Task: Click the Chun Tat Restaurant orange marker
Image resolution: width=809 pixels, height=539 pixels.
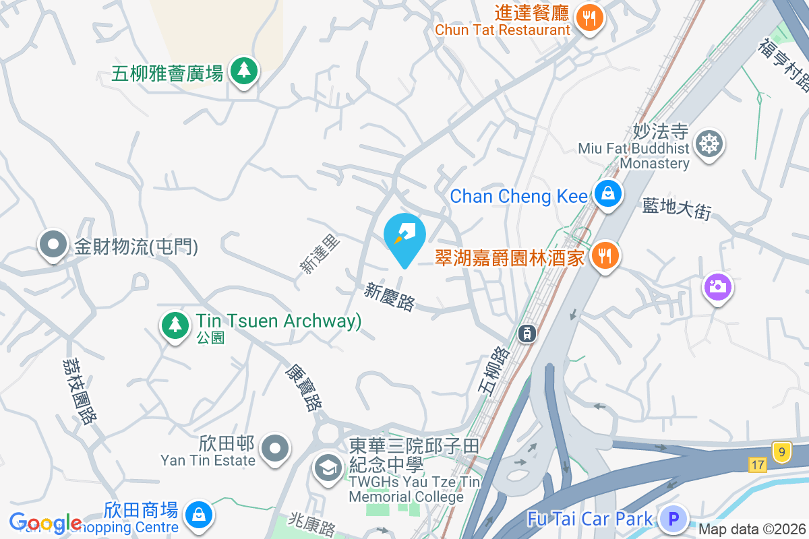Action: (x=591, y=18)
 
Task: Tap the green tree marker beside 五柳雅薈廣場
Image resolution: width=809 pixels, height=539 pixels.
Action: (x=243, y=71)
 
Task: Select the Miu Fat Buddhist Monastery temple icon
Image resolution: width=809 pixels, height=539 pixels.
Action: (x=709, y=144)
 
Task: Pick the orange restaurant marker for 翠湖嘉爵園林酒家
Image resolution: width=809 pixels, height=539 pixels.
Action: (x=605, y=256)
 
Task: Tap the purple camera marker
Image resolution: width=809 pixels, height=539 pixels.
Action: (x=717, y=288)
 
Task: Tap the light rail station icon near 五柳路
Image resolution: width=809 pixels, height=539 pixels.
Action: (x=527, y=332)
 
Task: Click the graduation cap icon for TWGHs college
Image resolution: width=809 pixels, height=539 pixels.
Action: (x=329, y=468)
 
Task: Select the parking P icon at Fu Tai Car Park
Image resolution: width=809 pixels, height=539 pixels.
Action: (x=672, y=519)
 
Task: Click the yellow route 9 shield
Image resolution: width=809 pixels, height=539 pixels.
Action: (x=781, y=451)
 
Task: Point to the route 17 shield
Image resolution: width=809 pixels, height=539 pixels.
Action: (x=756, y=464)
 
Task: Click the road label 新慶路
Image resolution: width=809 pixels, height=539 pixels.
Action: (x=390, y=296)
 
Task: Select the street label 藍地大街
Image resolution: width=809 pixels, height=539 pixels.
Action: (x=676, y=210)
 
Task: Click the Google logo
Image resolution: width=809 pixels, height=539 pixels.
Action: (x=44, y=523)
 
